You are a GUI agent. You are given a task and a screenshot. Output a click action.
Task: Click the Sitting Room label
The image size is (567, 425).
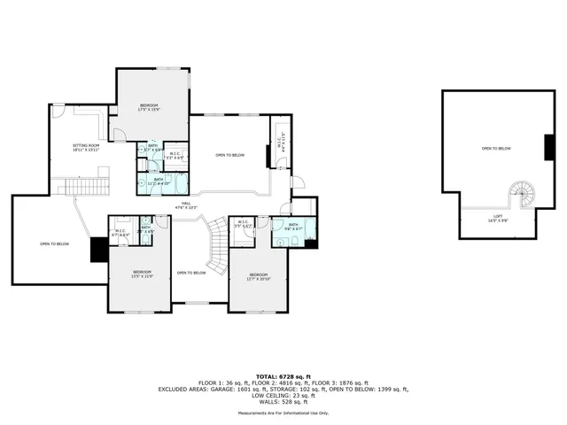pos(86,148)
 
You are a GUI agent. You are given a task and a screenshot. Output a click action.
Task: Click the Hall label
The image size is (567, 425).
pos(186,205)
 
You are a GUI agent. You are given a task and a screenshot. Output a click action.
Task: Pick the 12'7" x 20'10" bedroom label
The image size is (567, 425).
pos(259,276)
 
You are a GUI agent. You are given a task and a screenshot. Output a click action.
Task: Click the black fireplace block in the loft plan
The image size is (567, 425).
pos(549,146)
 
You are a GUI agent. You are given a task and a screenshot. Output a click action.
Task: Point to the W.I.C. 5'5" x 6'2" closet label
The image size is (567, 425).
pos(245,224)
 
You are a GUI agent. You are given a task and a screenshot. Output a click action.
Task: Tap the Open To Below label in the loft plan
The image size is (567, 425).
pos(495,149)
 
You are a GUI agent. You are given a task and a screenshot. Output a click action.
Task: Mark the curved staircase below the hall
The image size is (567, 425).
pos(216,245)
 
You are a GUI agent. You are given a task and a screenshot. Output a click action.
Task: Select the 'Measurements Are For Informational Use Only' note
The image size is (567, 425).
pos(283,413)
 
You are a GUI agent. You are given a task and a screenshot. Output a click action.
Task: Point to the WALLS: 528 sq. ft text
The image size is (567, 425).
pos(283,401)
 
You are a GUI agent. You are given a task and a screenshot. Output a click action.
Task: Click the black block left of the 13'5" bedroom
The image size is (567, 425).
pos(98,251)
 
